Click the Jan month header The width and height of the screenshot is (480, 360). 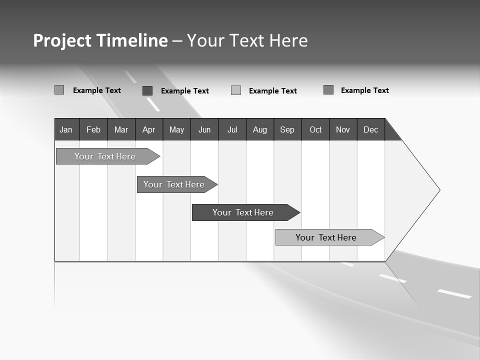66,129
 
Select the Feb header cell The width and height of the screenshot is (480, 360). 93,129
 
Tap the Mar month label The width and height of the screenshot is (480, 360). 121,129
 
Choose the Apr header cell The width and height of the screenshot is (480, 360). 148,129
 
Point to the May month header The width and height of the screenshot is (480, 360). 176,129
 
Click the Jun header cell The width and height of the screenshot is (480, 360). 204,129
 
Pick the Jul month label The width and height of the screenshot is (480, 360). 232,129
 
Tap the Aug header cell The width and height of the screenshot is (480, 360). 260,129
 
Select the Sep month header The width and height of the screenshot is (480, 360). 287,129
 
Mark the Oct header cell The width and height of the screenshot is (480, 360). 315,129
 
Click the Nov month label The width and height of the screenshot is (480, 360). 343,129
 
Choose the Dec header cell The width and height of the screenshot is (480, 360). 371,129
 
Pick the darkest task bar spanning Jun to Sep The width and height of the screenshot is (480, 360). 244,212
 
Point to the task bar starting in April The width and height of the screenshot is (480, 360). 175,184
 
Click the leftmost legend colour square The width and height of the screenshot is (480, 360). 59,90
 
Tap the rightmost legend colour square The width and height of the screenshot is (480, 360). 328,90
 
